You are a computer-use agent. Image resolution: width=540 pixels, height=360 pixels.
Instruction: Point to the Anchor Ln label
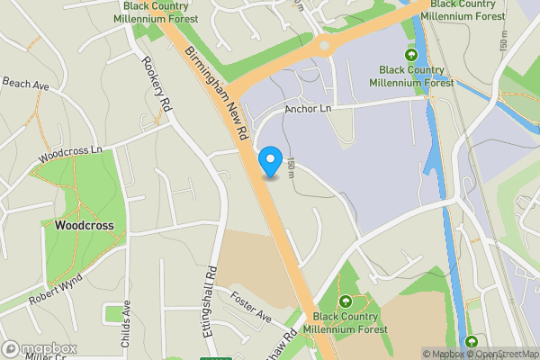[x=309, y=109]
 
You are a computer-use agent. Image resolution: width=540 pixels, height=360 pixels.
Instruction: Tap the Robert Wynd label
[x=54, y=288]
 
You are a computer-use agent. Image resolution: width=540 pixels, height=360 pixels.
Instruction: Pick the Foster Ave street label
[x=250, y=307]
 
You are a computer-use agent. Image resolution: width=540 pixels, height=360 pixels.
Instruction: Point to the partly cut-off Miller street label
[x=45, y=356]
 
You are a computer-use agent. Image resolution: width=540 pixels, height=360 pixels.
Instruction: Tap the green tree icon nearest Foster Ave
[x=345, y=301]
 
